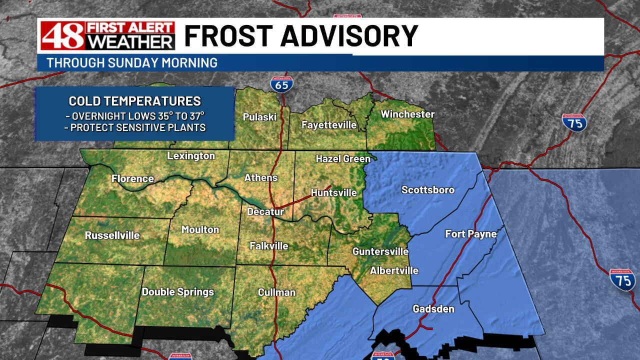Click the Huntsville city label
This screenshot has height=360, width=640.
333,192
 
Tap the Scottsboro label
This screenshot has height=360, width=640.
428,189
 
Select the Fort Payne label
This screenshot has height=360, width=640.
471,234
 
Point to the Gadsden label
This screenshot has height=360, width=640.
433,309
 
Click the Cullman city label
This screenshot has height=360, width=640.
276,292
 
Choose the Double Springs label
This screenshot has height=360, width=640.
178,292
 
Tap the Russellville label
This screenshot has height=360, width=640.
112,235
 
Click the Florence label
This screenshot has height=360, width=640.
132,178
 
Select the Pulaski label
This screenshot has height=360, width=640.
259,117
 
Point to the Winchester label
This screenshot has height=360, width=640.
407,114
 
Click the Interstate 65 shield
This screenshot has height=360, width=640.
281,83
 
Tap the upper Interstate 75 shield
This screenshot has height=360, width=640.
574,122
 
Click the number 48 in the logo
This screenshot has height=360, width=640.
55,36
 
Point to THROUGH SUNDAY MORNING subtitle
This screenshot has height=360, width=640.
132,63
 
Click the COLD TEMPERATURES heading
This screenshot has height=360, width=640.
135,101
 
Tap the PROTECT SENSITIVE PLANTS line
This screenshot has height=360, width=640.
135,127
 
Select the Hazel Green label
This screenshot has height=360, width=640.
343,159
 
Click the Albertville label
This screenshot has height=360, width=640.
394,270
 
